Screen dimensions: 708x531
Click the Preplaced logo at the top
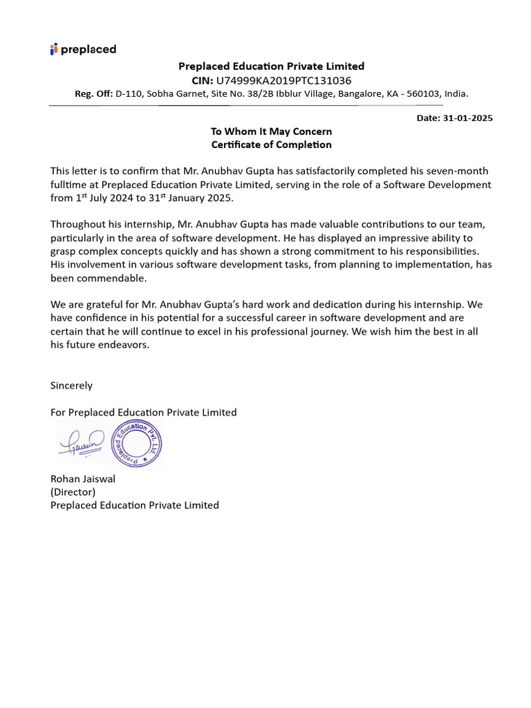(83, 49)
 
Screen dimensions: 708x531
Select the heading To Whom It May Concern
(271, 131)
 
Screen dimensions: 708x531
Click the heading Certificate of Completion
(271, 145)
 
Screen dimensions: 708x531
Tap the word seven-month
(463, 171)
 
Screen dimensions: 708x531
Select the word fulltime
(71, 185)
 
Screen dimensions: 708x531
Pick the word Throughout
(77, 224)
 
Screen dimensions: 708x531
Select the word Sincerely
(71, 385)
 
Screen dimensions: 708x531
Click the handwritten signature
(81, 442)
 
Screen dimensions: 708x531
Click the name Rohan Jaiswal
(83, 478)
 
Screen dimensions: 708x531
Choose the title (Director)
(73, 492)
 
